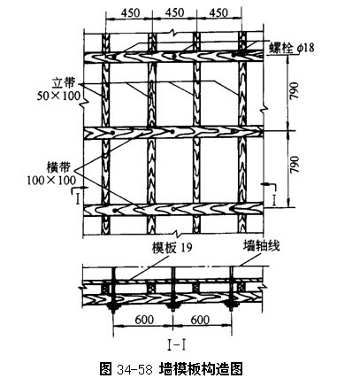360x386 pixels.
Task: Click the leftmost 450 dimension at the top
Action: tap(130, 12)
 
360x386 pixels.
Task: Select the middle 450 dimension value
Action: tap(174, 12)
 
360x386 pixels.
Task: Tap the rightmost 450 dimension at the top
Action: tap(218, 12)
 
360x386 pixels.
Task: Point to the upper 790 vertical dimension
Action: tap(294, 92)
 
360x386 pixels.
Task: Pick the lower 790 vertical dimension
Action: tap(294, 166)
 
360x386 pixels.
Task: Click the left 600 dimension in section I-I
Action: tap(144, 320)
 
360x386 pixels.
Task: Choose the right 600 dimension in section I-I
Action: tap(200, 320)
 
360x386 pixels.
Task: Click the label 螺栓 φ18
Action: tap(292, 48)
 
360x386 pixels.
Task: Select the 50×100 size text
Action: tap(58, 96)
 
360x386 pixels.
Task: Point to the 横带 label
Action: tap(58, 167)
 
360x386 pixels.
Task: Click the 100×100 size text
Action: tap(51, 180)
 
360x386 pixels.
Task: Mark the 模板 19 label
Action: tap(172, 247)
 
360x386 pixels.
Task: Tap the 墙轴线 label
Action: tap(261, 246)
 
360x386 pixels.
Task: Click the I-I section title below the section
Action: tap(176, 345)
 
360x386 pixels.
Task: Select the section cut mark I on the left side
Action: tap(78, 199)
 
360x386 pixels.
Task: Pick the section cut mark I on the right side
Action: tap(274, 201)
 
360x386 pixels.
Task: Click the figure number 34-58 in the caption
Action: tap(134, 369)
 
